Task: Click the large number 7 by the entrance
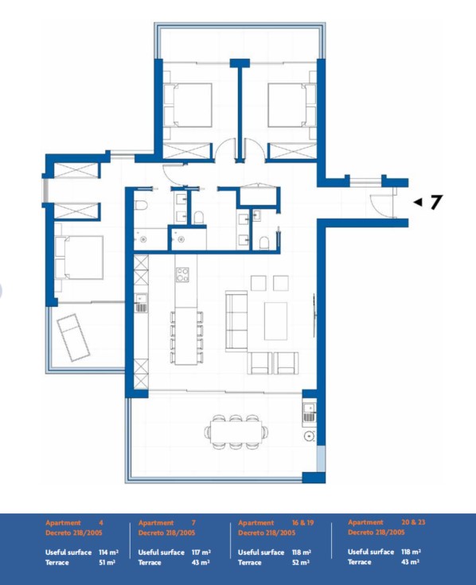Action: point(435,202)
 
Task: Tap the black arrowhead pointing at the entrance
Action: point(418,202)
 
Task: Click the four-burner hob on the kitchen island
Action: point(182,274)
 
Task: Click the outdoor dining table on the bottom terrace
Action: point(236,432)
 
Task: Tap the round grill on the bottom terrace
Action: point(310,436)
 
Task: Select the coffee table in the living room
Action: point(275,321)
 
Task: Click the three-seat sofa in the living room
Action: point(236,322)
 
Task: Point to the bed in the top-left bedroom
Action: point(188,106)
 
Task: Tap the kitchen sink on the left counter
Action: point(141,303)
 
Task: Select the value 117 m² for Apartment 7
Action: point(201,552)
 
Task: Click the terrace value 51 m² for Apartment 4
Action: point(107,562)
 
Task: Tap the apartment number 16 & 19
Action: point(302,523)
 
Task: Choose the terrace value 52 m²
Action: point(301,562)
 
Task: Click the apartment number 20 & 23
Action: point(413,522)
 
